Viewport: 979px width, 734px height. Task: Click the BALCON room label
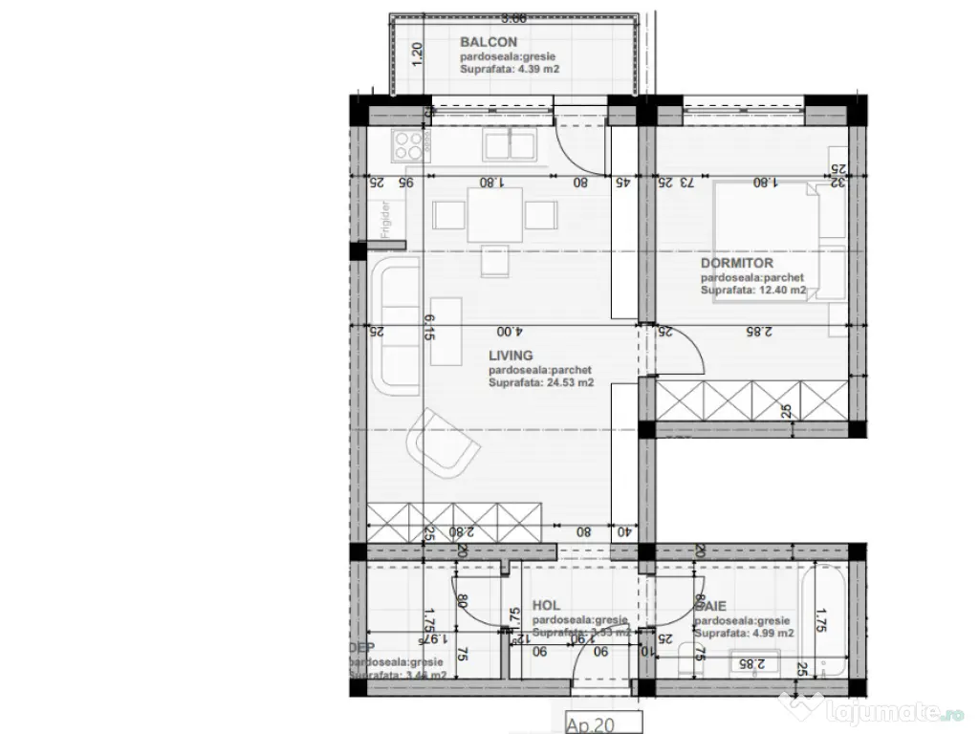[x=489, y=42]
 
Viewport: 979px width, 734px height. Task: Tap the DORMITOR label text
[x=737, y=263]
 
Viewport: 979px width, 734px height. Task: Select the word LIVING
[x=511, y=356]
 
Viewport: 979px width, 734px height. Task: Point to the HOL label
[x=546, y=605]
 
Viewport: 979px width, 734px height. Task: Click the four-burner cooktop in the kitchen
[x=408, y=146]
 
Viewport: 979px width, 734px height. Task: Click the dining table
[x=494, y=215]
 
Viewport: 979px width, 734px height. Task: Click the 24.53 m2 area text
[x=541, y=382]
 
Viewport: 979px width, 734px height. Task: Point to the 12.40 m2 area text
[x=753, y=290]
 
